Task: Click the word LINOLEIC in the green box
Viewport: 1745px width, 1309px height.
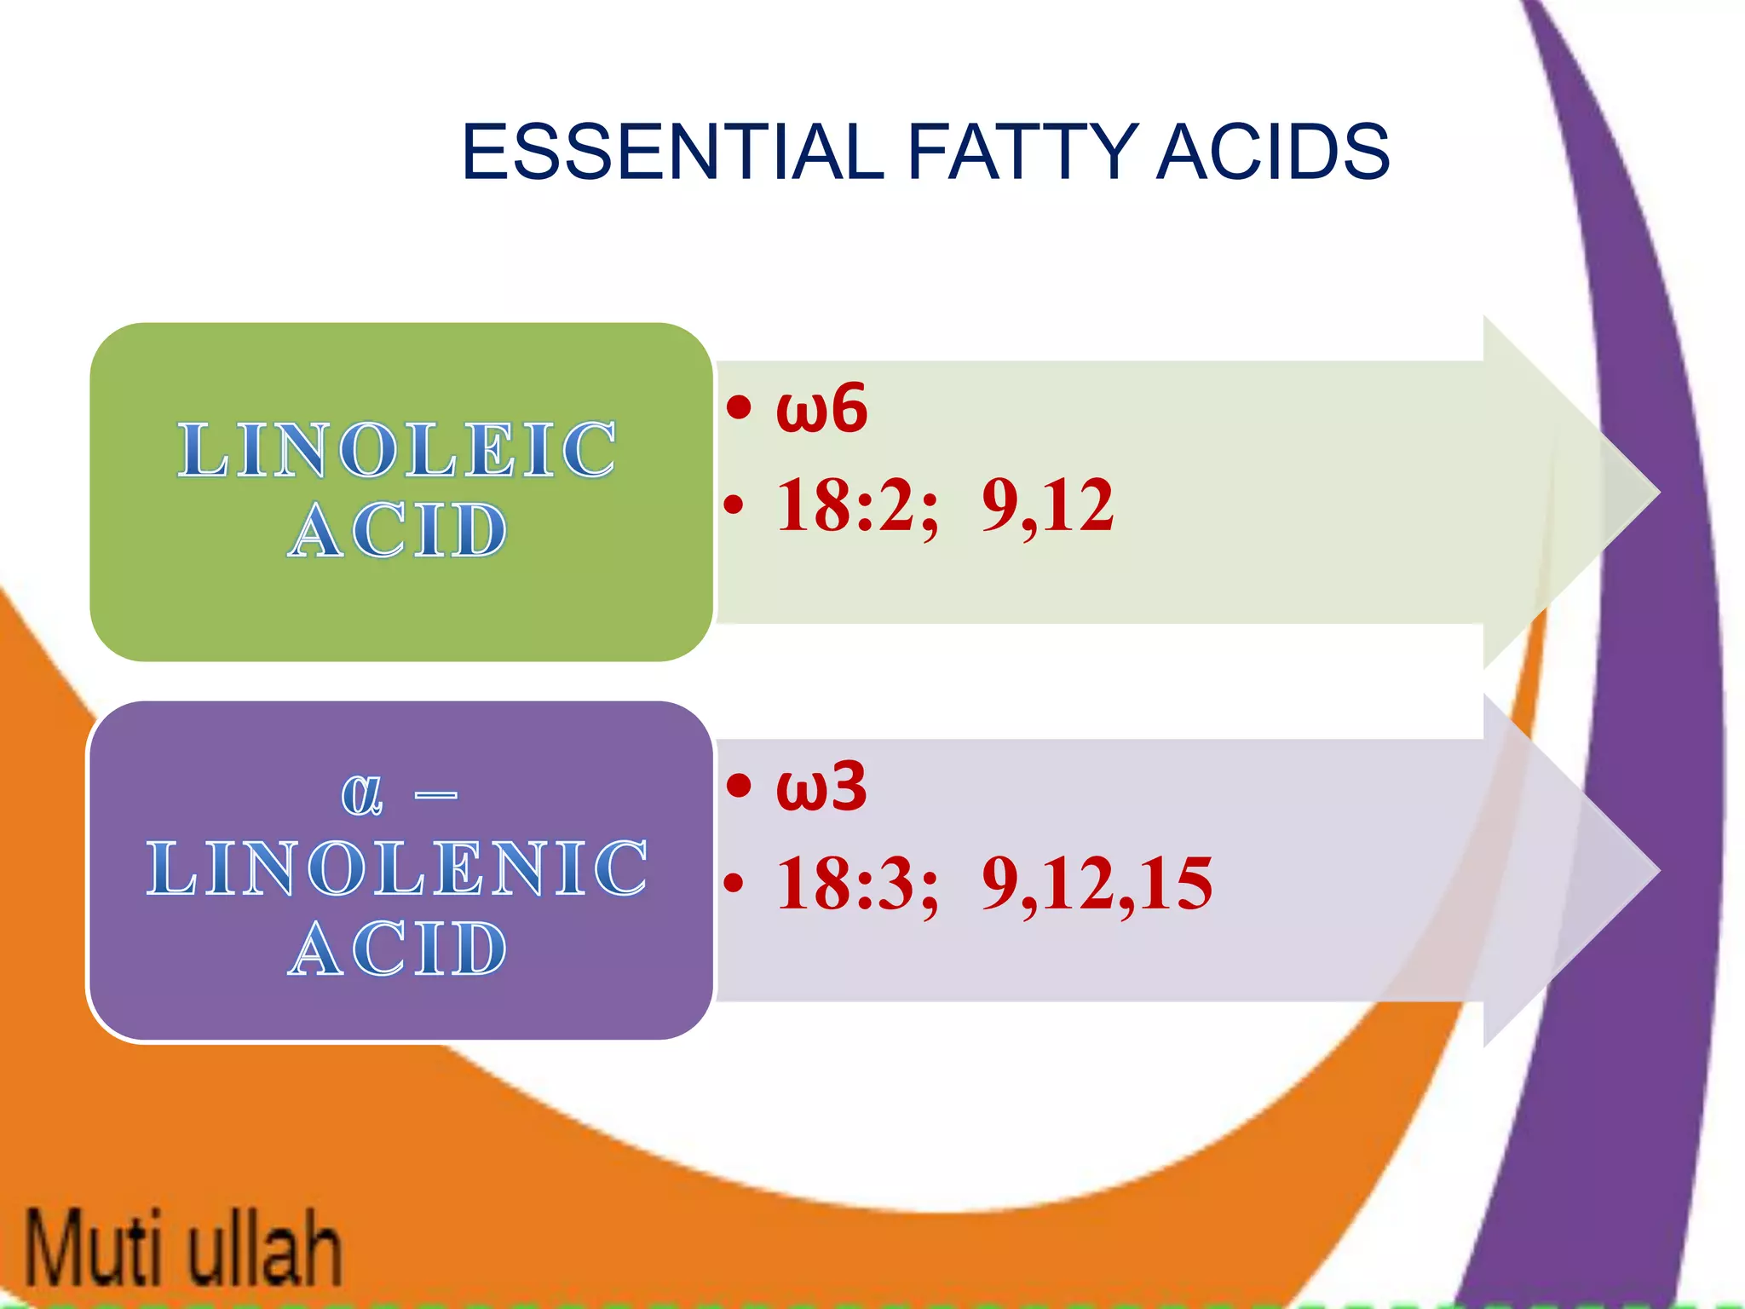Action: coord(397,449)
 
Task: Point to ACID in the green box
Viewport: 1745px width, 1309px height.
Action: coord(397,530)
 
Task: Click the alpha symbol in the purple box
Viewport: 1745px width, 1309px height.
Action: coord(362,794)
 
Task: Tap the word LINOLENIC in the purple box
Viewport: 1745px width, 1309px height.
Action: coord(397,868)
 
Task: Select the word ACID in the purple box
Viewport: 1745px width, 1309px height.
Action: coord(397,949)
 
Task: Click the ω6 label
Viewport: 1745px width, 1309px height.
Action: coord(821,409)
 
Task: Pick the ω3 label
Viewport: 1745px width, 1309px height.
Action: coord(821,787)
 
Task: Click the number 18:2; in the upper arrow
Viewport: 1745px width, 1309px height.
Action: coord(856,505)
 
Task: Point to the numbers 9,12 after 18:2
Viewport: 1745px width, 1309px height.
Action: coord(1047,505)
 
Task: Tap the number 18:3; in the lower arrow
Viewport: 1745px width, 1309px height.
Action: coord(856,884)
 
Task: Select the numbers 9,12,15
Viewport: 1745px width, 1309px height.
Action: coord(1097,884)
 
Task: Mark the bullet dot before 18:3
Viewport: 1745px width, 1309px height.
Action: coord(734,884)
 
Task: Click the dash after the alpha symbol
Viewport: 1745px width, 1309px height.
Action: coord(435,796)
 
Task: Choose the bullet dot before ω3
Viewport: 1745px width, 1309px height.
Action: coord(740,786)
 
